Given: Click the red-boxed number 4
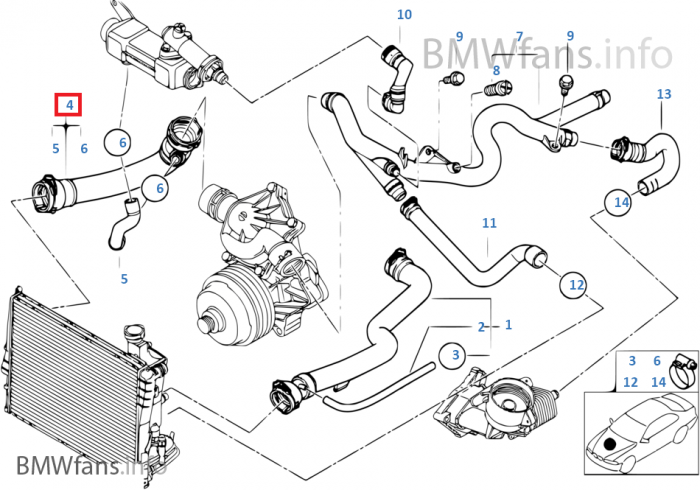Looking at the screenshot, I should click(68, 105).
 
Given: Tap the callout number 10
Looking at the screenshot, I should click(404, 15).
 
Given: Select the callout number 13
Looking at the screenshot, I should click(664, 95).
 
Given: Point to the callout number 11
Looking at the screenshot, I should click(489, 222).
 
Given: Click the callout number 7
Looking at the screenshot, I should click(519, 37).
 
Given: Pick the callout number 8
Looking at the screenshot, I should click(496, 69).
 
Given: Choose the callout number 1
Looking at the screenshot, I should click(508, 325).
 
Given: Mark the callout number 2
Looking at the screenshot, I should click(481, 327).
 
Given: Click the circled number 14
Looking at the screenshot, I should click(621, 203).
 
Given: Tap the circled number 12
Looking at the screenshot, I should click(576, 286).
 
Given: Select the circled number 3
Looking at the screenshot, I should click(454, 355).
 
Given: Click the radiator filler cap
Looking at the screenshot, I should click(134, 333).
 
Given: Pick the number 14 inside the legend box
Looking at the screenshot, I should click(657, 381).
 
